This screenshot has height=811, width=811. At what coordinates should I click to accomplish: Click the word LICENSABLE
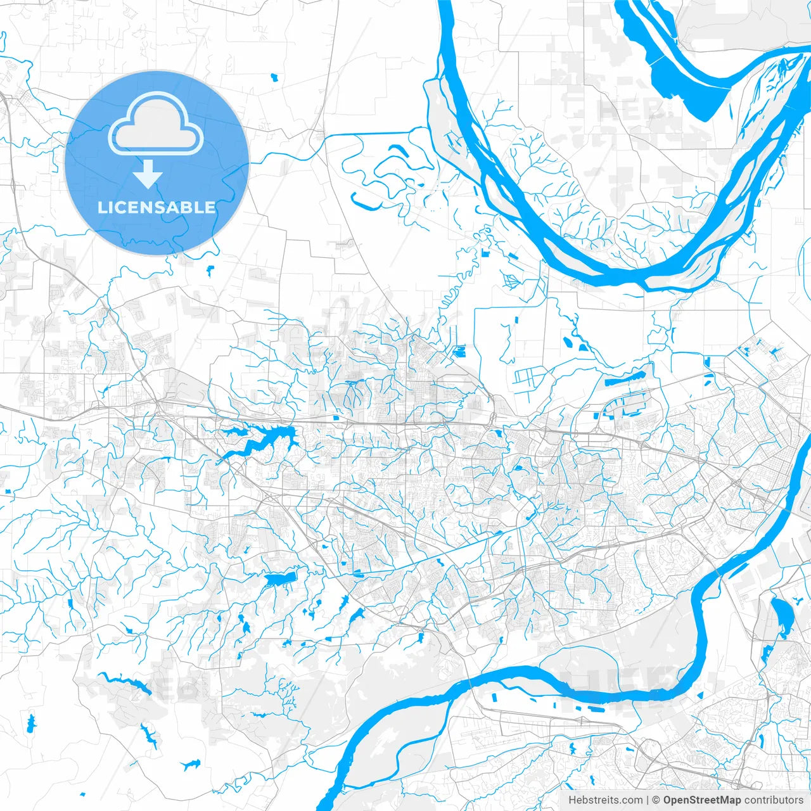pos(156,207)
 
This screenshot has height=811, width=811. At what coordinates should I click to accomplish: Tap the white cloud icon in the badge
pos(156,124)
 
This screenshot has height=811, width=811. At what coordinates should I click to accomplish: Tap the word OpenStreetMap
pos(702,800)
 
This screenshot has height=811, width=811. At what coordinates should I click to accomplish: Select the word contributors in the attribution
pos(774,800)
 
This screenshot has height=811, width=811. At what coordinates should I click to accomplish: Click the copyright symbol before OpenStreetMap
pos(656,800)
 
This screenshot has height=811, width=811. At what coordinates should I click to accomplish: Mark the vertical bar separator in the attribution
pos(648,800)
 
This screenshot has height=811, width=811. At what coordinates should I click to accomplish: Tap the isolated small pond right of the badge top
pos(274,77)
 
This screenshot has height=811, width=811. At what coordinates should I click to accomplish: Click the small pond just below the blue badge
pos(210,272)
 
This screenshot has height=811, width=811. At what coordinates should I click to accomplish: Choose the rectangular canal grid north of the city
pos(525,379)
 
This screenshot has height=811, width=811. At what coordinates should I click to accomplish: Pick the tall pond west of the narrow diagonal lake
pos(31,722)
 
